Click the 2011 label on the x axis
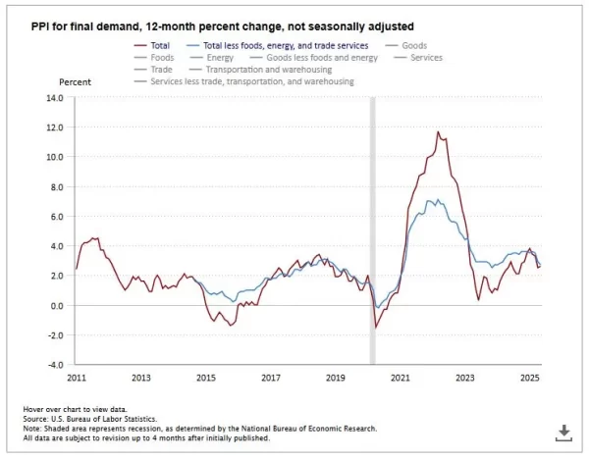[x=76, y=378]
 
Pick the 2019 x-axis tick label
[x=335, y=378]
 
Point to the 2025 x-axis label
[x=529, y=378]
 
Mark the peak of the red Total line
[x=438, y=132]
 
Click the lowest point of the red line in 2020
[x=375, y=327]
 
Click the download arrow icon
[x=564, y=432]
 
